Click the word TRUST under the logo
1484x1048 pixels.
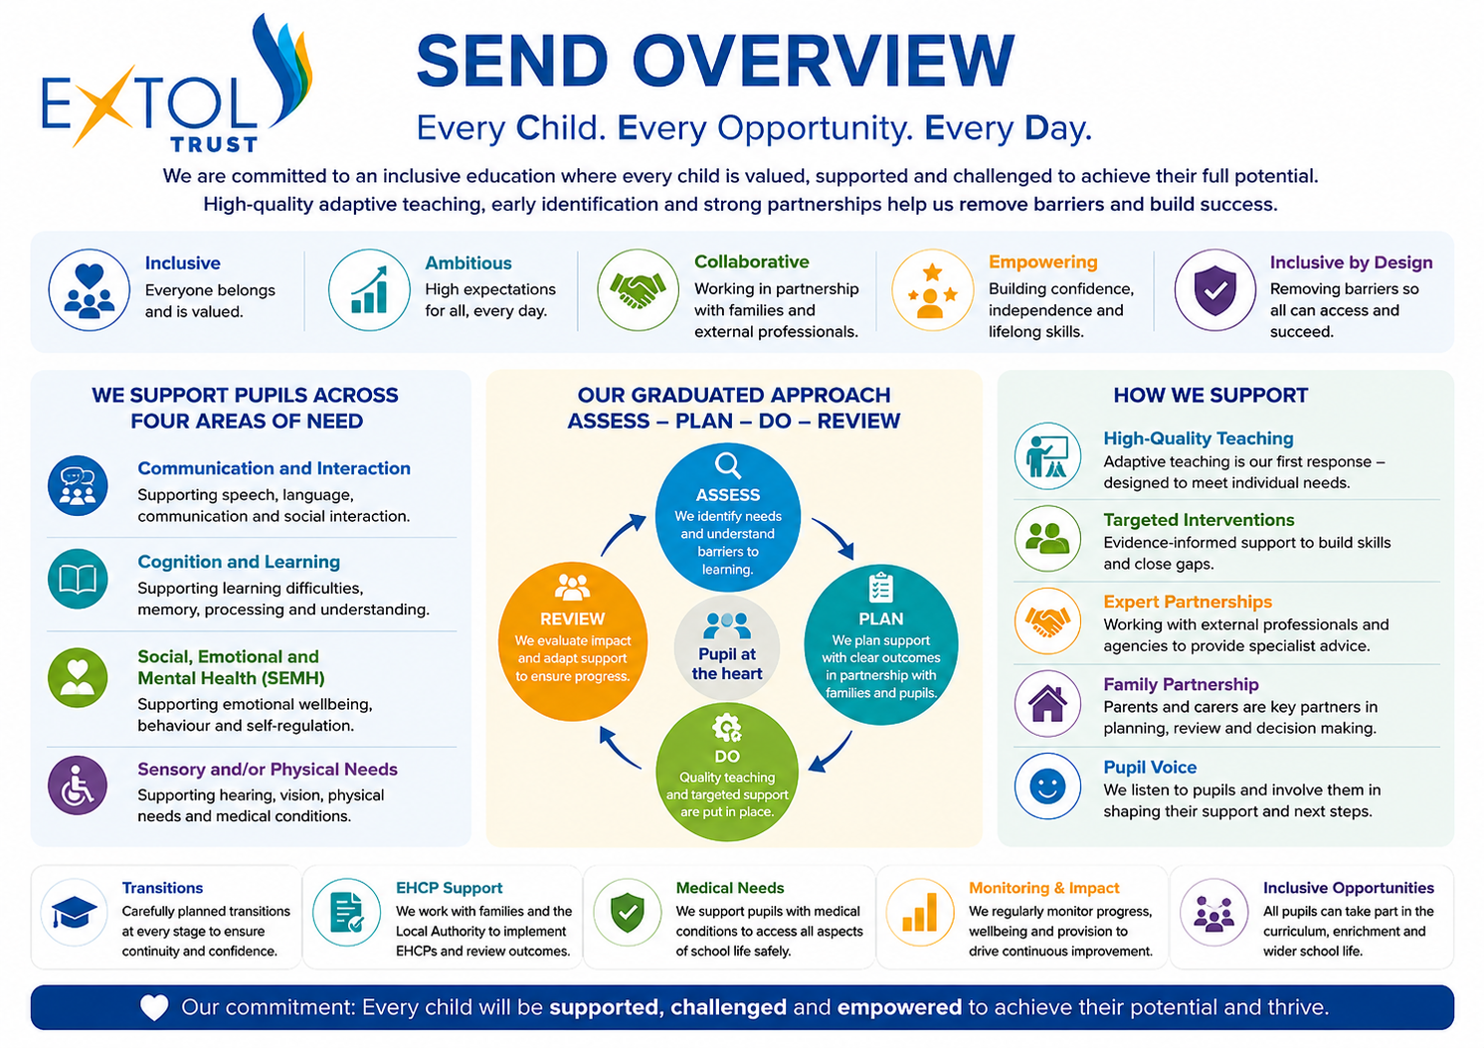[214, 144]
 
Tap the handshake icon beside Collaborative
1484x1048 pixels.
[638, 289]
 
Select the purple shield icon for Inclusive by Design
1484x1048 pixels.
[1215, 290]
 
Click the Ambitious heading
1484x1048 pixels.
[468, 262]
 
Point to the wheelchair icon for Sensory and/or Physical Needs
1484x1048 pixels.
[78, 786]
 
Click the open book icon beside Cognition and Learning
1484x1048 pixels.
[78, 579]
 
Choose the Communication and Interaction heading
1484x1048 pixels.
[274, 467]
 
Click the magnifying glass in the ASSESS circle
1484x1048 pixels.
[727, 465]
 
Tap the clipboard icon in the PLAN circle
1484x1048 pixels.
[880, 587]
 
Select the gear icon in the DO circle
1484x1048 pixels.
[727, 728]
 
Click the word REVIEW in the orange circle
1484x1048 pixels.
[572, 618]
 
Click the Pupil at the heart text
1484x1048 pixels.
[727, 664]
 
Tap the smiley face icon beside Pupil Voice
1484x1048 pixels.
[1047, 786]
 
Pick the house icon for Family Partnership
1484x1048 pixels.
[1047, 704]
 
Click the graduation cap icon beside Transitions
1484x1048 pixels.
[75, 912]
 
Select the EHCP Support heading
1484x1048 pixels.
[450, 888]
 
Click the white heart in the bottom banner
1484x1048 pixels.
[154, 1007]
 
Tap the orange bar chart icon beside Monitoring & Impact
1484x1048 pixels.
[920, 912]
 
